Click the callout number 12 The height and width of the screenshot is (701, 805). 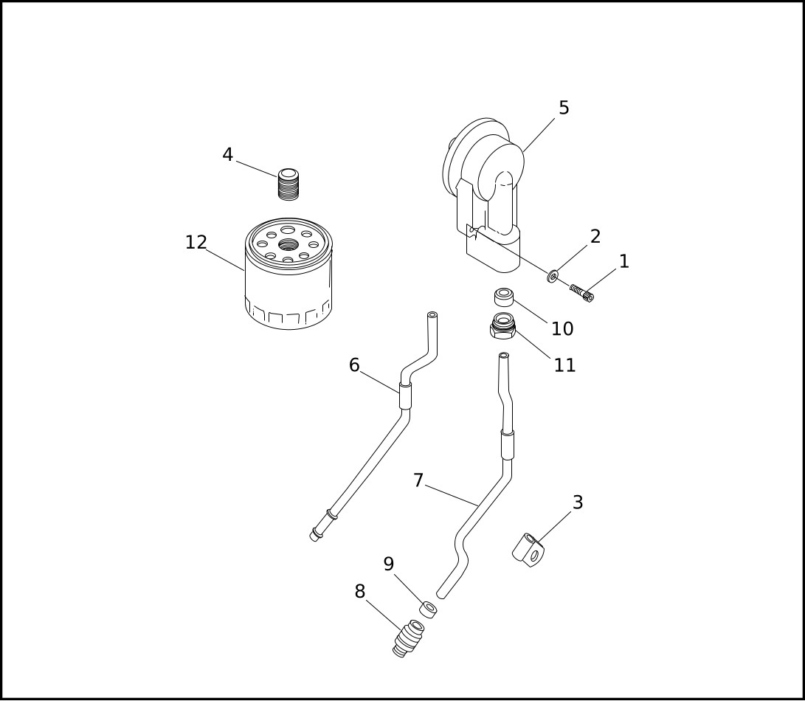point(196,243)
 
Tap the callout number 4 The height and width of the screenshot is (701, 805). point(227,155)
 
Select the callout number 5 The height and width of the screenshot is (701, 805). point(564,108)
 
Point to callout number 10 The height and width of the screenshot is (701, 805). point(562,329)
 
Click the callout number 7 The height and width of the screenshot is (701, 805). point(418,481)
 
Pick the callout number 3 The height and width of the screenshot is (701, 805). point(578,503)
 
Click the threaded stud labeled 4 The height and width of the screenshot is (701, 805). point(289,184)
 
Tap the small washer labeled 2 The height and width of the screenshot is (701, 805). point(553,277)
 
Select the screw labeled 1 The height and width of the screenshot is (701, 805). point(581,293)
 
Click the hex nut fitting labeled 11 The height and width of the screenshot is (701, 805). point(503,325)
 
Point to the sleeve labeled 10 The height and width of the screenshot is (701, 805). point(504,297)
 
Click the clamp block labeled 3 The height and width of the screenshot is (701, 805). point(529,550)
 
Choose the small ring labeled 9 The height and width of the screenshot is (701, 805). point(428,609)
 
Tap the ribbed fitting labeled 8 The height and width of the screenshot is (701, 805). point(408,638)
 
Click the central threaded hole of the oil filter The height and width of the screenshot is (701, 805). point(289,244)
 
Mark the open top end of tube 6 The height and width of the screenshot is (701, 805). point(432,315)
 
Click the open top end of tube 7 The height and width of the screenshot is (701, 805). point(504,356)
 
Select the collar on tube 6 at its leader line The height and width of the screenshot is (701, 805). point(405,396)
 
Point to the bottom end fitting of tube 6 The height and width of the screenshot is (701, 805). point(316,533)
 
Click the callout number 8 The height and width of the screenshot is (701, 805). point(360,592)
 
